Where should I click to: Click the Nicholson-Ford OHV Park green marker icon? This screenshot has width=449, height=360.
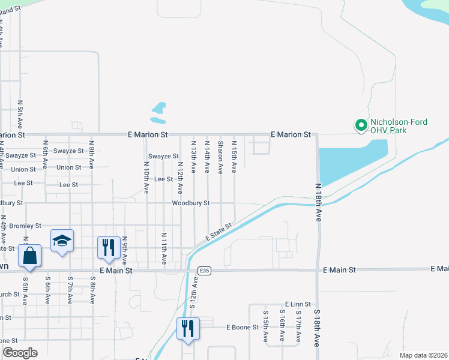361,125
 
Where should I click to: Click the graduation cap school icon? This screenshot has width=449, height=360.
62,241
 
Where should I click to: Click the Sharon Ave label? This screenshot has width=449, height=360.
221,157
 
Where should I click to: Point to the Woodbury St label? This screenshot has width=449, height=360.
190,203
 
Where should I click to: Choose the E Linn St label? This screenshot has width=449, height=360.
298,305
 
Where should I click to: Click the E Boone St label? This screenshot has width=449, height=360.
242,327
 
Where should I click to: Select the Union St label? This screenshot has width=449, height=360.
68,167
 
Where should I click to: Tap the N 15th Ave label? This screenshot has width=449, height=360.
234,157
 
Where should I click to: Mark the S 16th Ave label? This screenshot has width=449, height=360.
282,326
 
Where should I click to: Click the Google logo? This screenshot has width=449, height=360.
19,353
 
